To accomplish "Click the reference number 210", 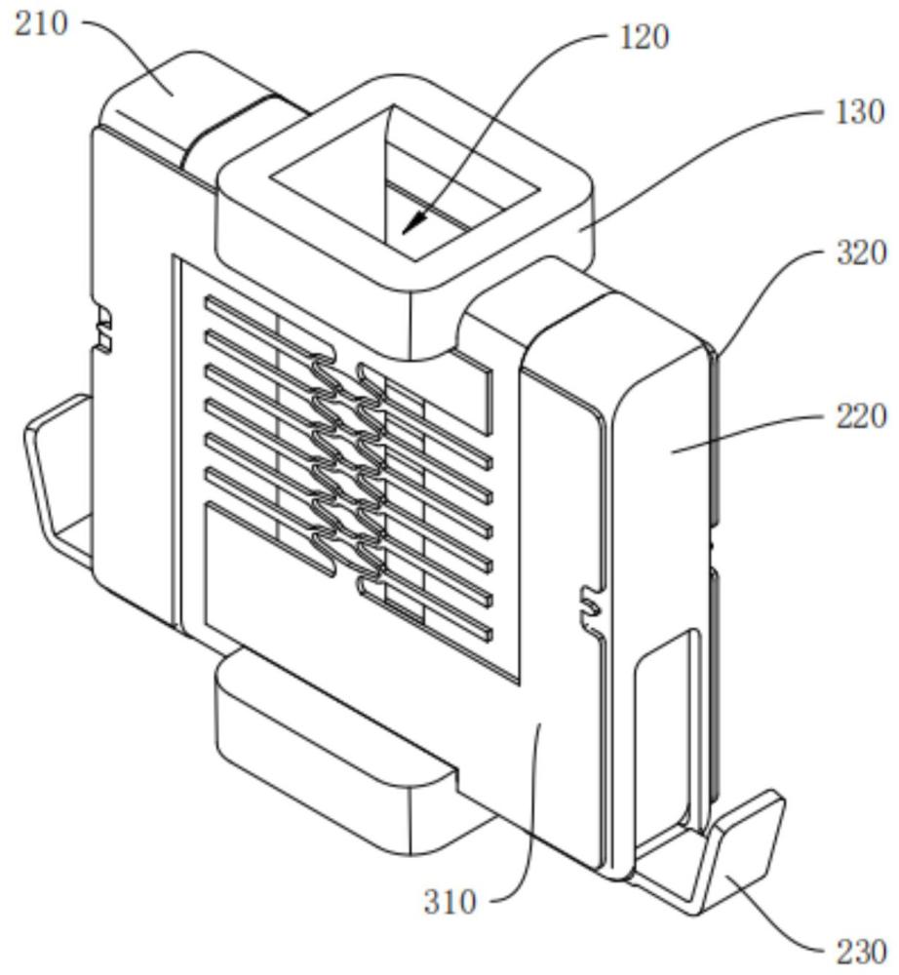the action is (x=41, y=24).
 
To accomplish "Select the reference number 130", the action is (x=859, y=112).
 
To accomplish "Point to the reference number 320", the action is (x=861, y=253).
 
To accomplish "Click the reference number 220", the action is (x=861, y=415).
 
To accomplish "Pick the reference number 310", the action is (x=450, y=901).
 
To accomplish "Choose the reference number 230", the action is (x=861, y=952).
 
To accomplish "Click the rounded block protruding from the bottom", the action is (x=335, y=746).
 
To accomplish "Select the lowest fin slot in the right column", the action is (x=426, y=609).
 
